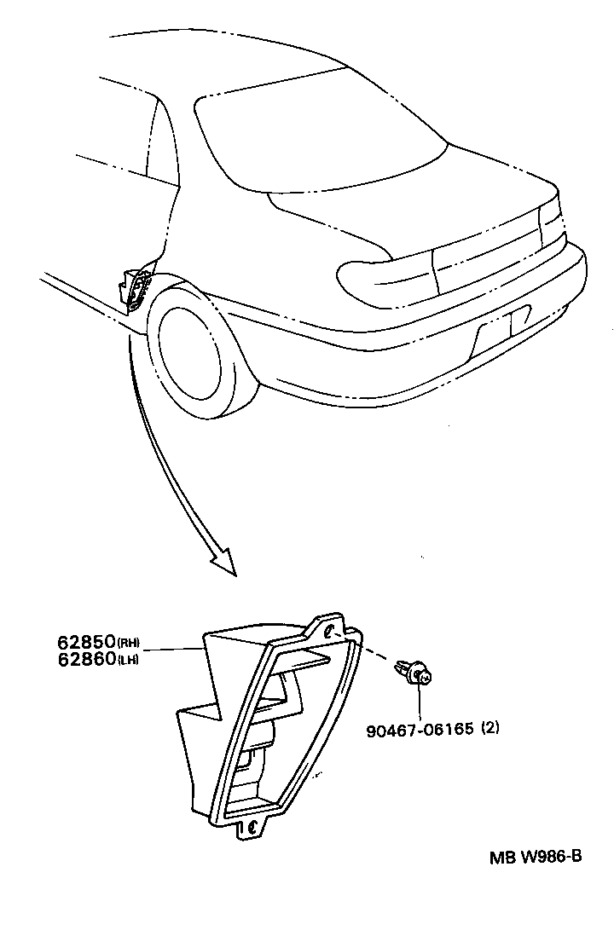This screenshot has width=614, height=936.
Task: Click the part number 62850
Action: [x=86, y=642]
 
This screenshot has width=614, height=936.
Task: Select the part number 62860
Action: [x=86, y=658]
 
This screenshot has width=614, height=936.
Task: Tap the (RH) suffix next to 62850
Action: [x=128, y=643]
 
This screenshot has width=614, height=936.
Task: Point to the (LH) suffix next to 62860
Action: [x=128, y=659]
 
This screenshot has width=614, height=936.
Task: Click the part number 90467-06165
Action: [x=420, y=729]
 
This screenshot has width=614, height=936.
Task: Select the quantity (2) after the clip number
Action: [x=490, y=729]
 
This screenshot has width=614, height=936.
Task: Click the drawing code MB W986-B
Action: [x=535, y=857]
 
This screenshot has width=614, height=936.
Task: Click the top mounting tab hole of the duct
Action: [x=330, y=632]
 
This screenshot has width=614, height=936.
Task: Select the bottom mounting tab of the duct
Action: [x=253, y=826]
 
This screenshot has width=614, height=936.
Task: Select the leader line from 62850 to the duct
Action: [x=175, y=650]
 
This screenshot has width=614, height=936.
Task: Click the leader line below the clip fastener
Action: [x=420, y=703]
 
